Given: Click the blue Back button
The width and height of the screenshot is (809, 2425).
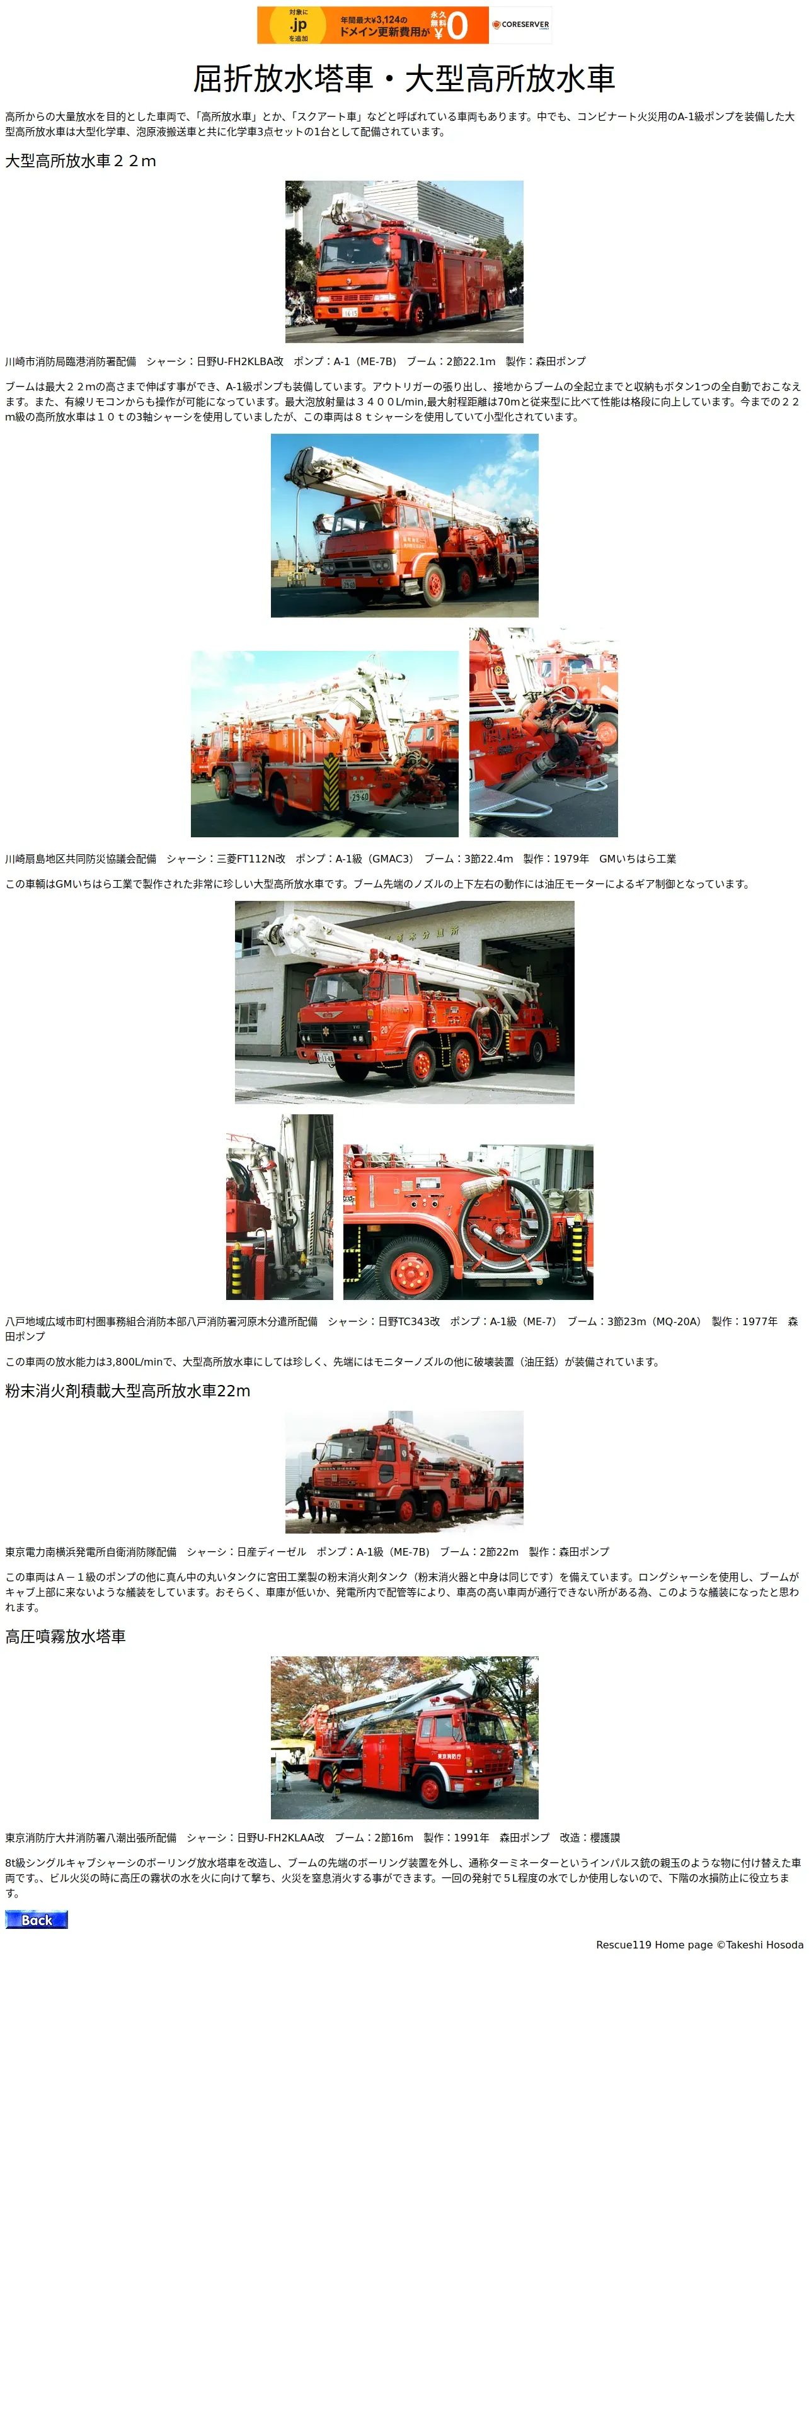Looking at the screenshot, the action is coord(37,1919).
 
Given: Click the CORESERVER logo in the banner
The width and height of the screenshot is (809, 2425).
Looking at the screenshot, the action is coord(521,25).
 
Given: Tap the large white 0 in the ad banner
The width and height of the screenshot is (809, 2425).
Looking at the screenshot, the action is coord(457,25).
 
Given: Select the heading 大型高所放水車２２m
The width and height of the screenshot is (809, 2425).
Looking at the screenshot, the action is coord(81,161).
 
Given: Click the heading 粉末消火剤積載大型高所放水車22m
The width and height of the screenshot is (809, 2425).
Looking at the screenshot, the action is coord(128,1391).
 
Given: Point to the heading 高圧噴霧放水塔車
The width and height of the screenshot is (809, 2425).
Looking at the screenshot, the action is coord(66,1636).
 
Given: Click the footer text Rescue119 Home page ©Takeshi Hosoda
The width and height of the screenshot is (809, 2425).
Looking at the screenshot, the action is coord(700,1944).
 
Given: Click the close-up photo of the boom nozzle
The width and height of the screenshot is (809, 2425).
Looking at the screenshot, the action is coord(543,732).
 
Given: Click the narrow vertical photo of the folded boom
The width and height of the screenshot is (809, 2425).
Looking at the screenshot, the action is coord(280,1207).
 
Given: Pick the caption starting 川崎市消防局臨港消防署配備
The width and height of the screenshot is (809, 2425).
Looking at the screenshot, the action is coord(295,361).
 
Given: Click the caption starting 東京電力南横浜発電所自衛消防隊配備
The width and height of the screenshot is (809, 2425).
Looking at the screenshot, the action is coord(307,1551).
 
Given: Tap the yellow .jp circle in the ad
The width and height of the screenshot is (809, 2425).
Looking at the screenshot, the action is coord(297,25).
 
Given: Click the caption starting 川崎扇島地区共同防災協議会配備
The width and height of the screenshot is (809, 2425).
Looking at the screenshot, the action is coord(341,859).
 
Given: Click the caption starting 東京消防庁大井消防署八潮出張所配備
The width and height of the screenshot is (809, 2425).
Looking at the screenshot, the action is coord(313,1838).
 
